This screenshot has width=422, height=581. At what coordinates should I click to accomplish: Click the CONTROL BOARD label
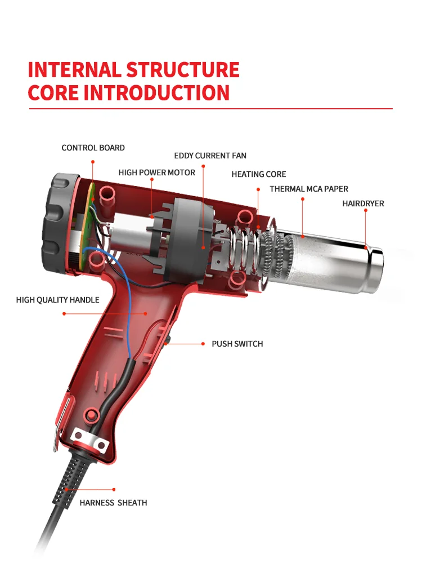93,148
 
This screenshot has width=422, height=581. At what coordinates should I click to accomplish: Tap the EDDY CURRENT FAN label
210,156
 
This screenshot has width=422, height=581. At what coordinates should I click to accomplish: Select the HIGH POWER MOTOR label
156,172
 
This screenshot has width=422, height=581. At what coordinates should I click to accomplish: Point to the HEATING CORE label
258,174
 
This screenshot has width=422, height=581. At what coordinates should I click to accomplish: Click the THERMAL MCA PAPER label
308,189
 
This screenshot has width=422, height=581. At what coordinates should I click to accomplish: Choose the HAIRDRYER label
363,203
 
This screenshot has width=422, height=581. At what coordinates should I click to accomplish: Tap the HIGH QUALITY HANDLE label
57,300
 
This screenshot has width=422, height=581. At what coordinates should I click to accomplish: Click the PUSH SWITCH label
237,343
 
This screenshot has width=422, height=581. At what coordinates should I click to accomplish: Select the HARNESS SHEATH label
113,503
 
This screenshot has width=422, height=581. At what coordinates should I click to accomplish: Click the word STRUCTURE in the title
182,70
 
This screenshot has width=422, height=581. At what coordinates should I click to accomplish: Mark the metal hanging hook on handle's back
62,417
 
